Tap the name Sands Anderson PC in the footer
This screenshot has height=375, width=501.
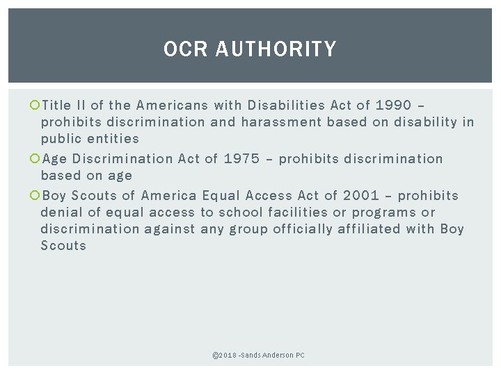click(x=276, y=355)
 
